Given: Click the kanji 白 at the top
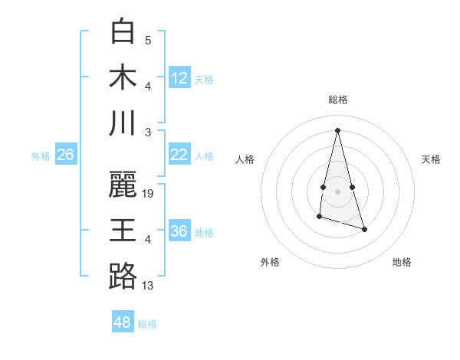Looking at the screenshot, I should coord(123,31).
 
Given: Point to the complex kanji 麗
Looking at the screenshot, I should coord(123,185).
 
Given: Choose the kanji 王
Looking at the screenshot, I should coord(123,231).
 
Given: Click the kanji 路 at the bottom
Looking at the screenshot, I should coord(123,277).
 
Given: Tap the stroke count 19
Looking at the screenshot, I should coord(149,194).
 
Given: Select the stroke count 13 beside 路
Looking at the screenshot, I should coord(149,286).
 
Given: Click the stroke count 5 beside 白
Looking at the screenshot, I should coord(148,40).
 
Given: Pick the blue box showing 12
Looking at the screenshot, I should coord(179,77).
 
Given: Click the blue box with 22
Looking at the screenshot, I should coord(179,155).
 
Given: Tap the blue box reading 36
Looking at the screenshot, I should coord(179,231).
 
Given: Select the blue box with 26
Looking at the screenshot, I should coord(66,155).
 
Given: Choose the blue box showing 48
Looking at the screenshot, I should coord(123,322).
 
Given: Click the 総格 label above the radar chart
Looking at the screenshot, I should coord(338,100).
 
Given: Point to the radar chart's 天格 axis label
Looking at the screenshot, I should coord(432,159).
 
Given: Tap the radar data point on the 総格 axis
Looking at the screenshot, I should coord(338,129).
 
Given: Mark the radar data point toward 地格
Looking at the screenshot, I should coord(364,230).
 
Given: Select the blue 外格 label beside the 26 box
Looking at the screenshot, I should coord(41,156).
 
